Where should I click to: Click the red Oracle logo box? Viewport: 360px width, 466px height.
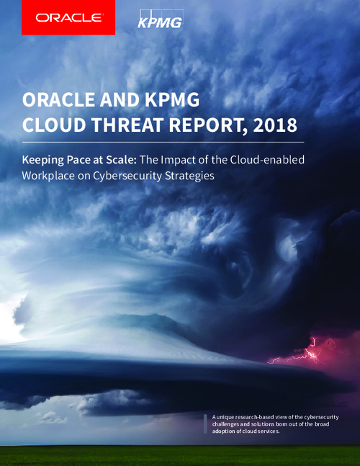tap(68, 17)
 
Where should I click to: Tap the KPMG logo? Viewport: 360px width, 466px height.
tap(160, 19)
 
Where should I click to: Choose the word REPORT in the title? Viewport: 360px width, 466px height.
tap(208, 125)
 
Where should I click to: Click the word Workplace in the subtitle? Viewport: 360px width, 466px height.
tap(48, 176)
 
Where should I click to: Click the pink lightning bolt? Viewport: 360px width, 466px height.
tap(309, 353)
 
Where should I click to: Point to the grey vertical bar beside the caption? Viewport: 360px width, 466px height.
tap(205, 424)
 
